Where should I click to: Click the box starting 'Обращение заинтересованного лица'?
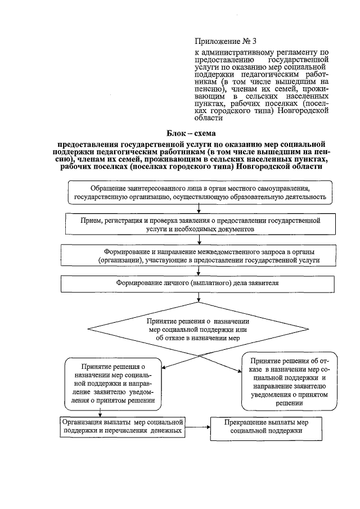tap(200, 192)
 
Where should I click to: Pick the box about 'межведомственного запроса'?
tap(200, 256)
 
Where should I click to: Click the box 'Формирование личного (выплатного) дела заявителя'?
tap(200, 283)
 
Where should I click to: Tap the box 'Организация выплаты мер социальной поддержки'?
tap(123, 426)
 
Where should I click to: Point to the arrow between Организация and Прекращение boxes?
tap(197, 426)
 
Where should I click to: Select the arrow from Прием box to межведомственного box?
tap(200, 240)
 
